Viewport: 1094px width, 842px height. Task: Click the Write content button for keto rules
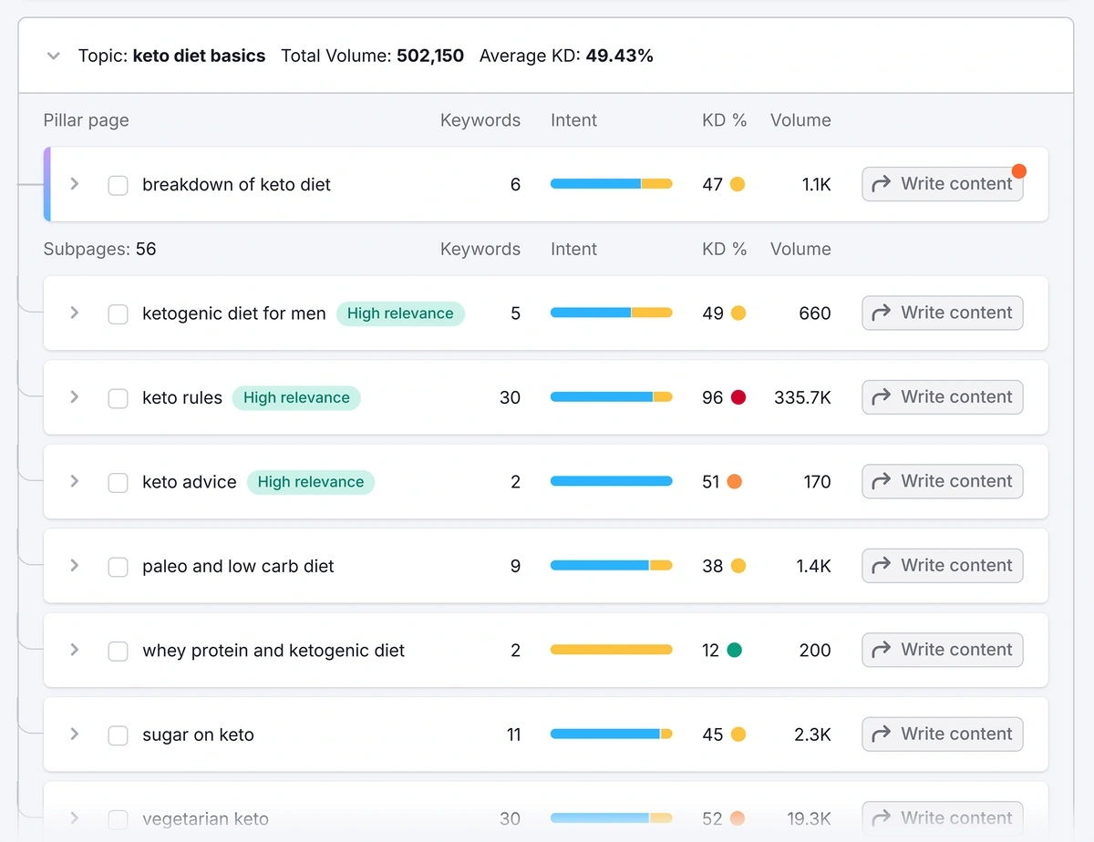pos(943,397)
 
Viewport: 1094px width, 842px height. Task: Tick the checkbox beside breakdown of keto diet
pos(118,185)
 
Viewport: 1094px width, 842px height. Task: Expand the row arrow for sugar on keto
pos(75,734)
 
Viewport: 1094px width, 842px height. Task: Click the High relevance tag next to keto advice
pos(310,482)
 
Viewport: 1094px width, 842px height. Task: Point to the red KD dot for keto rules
pos(738,397)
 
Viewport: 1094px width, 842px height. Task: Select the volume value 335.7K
pos(802,397)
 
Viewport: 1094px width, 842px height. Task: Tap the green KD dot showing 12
pos(734,651)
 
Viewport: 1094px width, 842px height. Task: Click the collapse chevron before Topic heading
pos(54,56)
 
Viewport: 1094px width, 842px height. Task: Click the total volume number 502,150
pos(429,56)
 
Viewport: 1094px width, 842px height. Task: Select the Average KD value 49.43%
pos(619,56)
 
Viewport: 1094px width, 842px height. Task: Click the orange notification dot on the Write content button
pos(1018,171)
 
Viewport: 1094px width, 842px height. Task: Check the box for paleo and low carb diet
pos(118,567)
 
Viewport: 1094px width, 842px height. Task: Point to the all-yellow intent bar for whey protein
pos(611,651)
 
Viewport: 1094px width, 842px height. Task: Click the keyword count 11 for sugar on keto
pos(513,734)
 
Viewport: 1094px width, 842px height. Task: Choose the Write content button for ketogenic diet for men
pos(943,313)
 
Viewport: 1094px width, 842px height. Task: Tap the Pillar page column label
pos(86,120)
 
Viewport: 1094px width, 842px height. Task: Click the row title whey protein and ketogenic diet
pos(273,651)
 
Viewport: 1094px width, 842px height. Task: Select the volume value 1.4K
pos(813,566)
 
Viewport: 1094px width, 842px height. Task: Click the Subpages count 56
pos(146,249)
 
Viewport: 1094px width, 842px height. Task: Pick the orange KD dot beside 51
pos(734,482)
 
